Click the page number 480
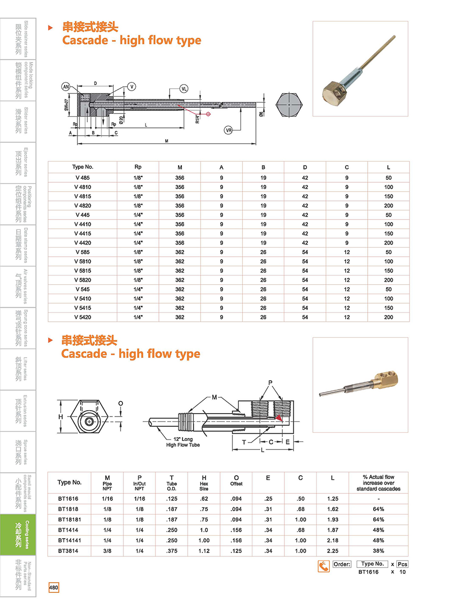point(53,588)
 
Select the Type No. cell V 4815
point(82,196)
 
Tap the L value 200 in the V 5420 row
point(388,317)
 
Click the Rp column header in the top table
point(138,167)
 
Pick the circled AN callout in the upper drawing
point(66,87)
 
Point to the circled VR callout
point(228,130)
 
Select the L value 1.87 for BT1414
point(332,530)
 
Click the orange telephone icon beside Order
point(324,566)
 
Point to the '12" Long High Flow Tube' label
point(183,442)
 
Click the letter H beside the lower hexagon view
point(61,417)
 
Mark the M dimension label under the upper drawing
point(167,141)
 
